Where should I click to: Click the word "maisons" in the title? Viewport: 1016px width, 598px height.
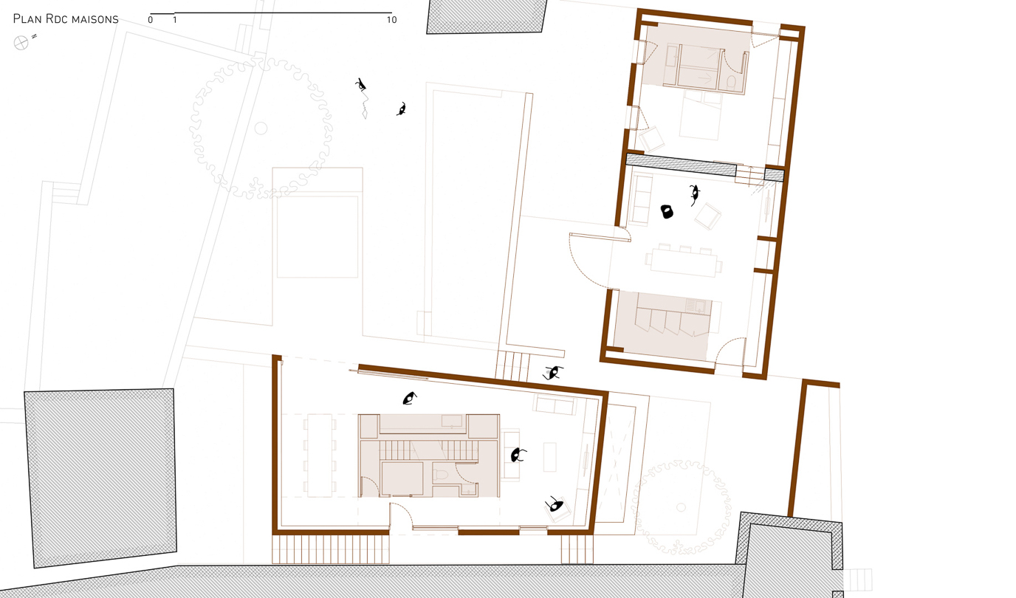(x=95, y=19)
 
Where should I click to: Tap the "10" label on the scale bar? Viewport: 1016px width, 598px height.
(x=391, y=20)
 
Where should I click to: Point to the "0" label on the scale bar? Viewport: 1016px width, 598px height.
(x=151, y=20)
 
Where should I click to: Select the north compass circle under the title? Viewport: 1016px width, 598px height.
(x=21, y=44)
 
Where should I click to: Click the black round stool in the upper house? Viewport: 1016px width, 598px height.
(x=667, y=212)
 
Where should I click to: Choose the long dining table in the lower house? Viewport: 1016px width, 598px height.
(x=320, y=455)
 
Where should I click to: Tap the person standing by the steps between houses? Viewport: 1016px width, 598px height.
(x=553, y=373)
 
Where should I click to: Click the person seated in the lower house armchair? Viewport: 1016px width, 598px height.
(x=555, y=506)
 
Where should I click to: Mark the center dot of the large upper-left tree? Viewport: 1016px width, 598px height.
(x=260, y=128)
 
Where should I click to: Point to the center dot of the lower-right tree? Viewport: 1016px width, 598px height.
(x=681, y=508)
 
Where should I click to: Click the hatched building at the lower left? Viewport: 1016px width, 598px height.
(x=101, y=476)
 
